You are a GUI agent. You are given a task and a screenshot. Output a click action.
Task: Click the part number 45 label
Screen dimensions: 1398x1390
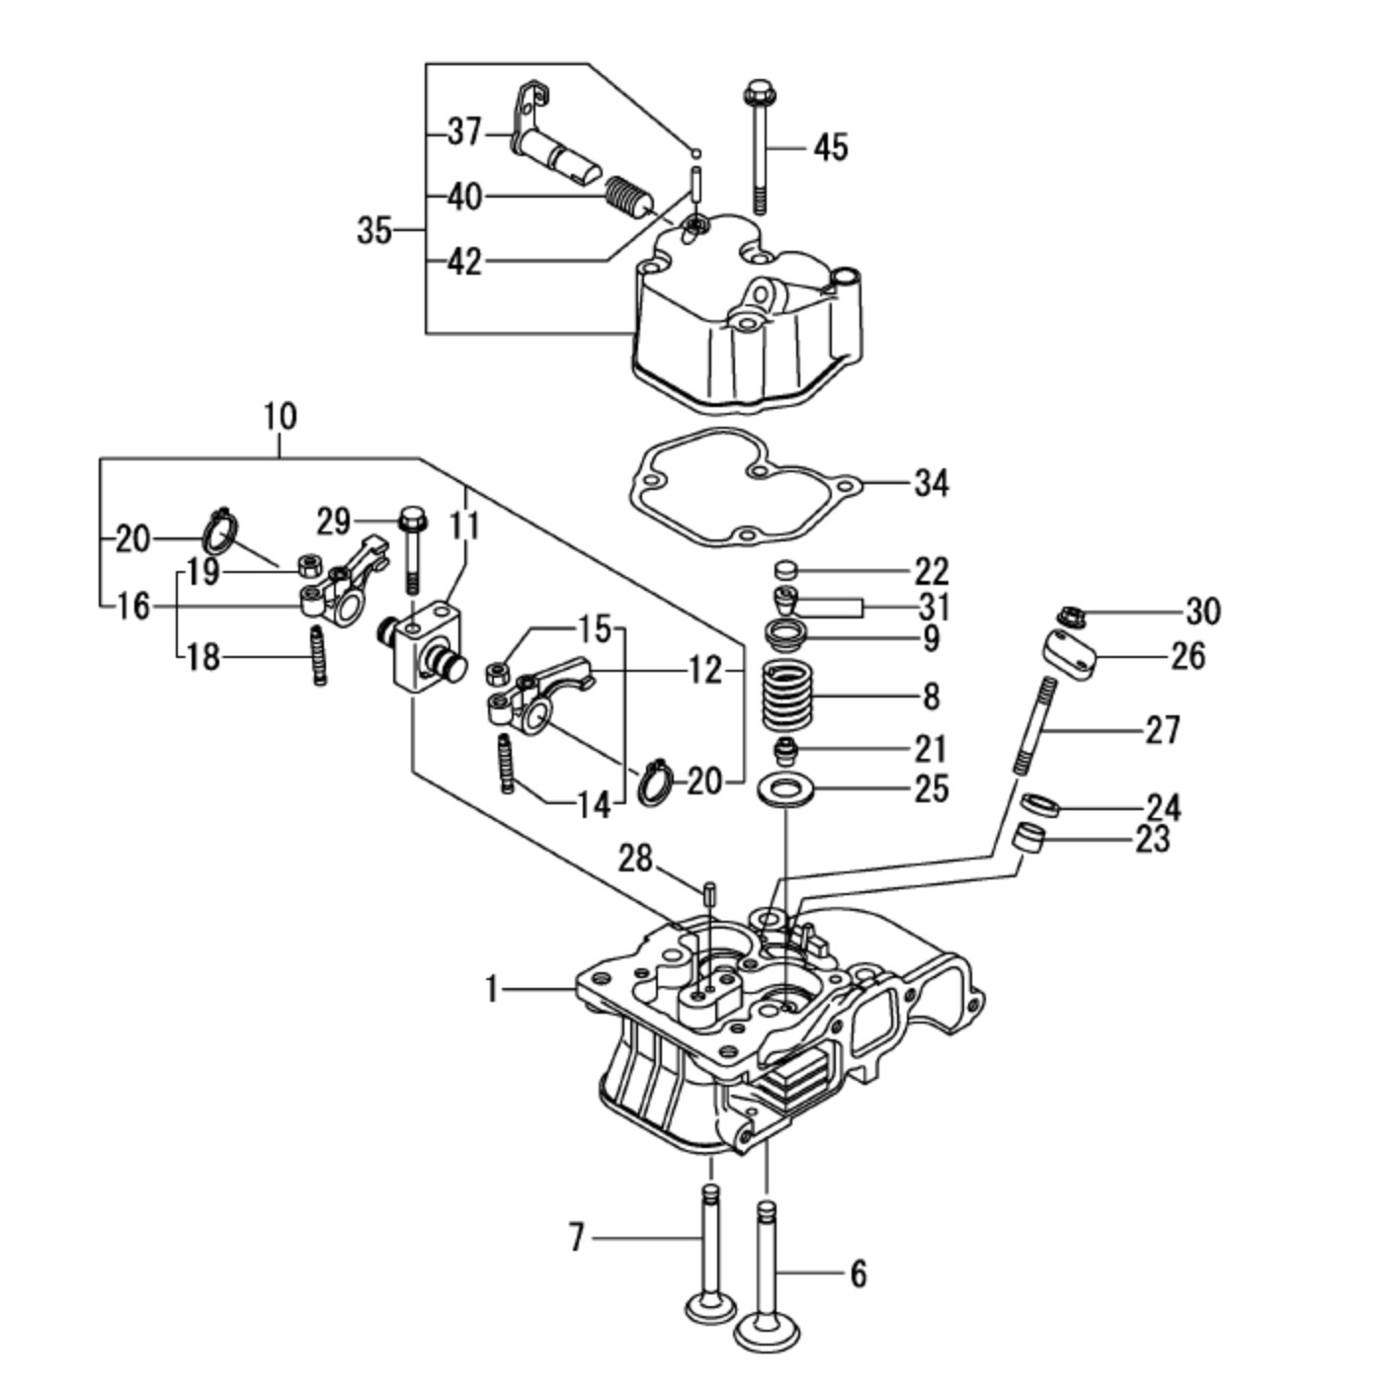point(831,147)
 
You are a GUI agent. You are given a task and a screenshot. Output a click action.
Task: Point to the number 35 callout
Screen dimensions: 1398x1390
point(374,231)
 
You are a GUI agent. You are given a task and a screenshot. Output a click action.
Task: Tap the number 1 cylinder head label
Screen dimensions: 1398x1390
point(493,987)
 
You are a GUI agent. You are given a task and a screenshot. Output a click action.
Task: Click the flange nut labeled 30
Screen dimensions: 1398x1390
point(1070,617)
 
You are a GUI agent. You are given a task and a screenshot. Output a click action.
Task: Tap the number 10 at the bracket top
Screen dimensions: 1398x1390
point(280,416)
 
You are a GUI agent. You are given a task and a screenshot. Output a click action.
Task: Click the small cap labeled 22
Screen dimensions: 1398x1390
point(785,570)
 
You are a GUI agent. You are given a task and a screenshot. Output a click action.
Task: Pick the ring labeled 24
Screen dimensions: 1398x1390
point(1040,805)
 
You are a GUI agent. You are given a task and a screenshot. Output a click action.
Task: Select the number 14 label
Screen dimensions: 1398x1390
point(594,805)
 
